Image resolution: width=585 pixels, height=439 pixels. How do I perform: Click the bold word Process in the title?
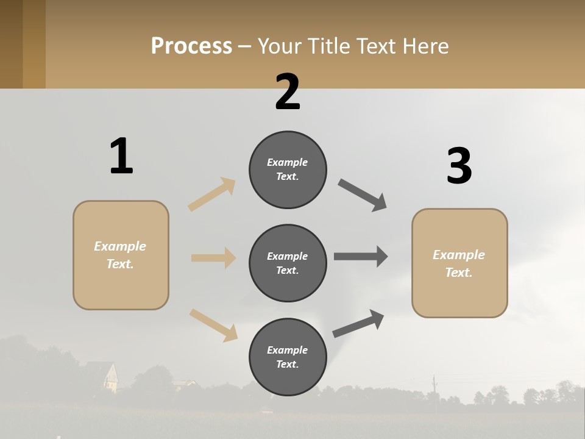click(x=191, y=46)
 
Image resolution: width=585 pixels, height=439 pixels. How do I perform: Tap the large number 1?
click(x=121, y=156)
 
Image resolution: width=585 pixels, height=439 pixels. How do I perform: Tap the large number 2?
click(x=288, y=92)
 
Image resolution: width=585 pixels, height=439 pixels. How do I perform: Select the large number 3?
click(x=459, y=166)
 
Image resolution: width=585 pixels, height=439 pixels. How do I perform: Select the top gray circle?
click(x=288, y=170)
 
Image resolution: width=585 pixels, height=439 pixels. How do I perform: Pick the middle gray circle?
click(x=288, y=263)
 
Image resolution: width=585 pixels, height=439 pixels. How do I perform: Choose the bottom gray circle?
click(x=288, y=357)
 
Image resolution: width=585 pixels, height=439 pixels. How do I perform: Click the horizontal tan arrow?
click(x=213, y=258)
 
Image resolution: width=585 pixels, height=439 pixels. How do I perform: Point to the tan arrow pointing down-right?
click(x=213, y=325)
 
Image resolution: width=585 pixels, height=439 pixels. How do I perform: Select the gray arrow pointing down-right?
click(x=363, y=195)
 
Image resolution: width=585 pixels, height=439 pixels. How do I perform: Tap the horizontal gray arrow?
click(x=361, y=257)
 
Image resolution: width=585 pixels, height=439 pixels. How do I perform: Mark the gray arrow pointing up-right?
click(x=358, y=324)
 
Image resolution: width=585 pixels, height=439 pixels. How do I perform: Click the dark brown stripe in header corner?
click(x=11, y=44)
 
